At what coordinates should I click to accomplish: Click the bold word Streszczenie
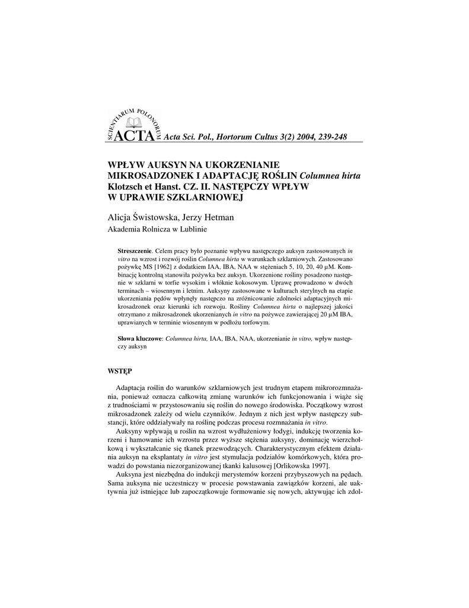[135, 252]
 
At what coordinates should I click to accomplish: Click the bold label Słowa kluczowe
[140, 338]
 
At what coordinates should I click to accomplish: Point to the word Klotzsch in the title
[126, 186]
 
